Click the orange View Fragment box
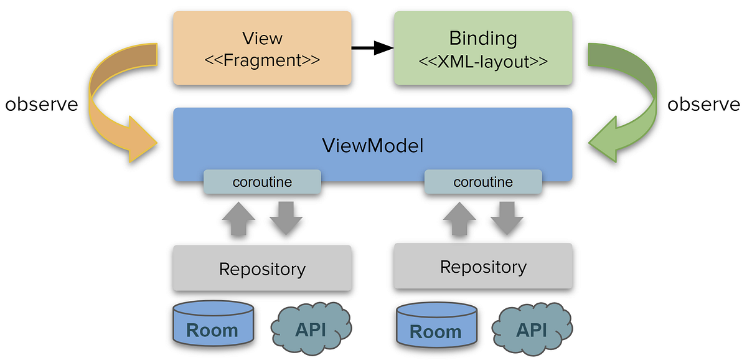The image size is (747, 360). (261, 49)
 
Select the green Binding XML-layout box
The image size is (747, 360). (482, 49)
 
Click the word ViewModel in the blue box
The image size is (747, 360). (372, 146)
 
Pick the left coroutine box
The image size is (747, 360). (262, 182)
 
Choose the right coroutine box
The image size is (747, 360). (483, 182)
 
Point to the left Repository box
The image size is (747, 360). (262, 268)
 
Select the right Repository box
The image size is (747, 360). (483, 267)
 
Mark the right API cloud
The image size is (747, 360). (532, 328)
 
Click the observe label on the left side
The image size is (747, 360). (42, 104)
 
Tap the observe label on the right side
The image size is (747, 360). (703, 104)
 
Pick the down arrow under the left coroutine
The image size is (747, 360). (286, 218)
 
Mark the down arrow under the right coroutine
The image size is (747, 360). (507, 218)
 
